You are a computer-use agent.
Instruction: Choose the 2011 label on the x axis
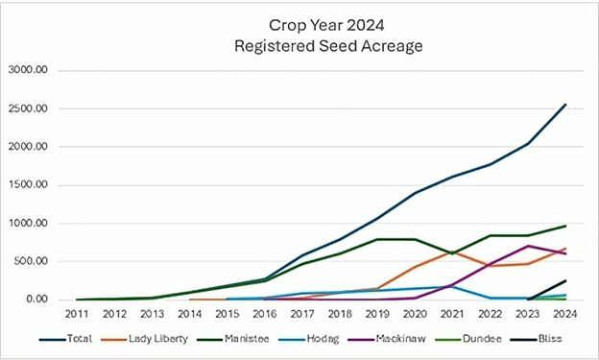78,314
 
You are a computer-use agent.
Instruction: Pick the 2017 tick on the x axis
302,314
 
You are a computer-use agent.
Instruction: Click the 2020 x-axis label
415,314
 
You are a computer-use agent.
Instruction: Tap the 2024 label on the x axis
564,314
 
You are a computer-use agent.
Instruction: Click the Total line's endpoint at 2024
564,105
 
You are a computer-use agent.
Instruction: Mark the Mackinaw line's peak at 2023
527,246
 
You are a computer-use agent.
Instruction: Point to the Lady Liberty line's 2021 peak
452,252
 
